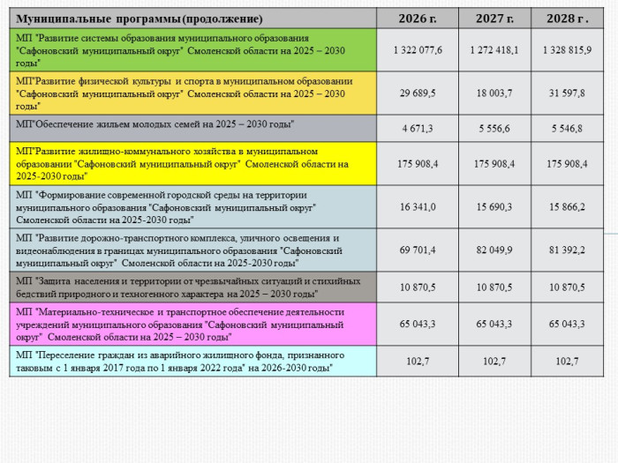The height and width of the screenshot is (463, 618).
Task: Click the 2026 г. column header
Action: (418, 19)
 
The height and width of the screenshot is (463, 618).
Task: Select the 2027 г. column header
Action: (494, 19)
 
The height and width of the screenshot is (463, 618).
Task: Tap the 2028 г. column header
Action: (567, 19)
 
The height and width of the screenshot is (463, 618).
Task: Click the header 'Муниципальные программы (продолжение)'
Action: (140, 19)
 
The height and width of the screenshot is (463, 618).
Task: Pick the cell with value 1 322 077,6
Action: (418, 50)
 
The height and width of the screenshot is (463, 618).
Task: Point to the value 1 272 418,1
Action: (494, 50)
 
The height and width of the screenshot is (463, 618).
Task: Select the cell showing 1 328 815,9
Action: (567, 50)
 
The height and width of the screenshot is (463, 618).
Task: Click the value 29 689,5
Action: (418, 93)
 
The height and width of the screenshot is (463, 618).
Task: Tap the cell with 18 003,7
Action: (494, 93)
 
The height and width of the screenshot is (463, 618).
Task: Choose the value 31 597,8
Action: (567, 93)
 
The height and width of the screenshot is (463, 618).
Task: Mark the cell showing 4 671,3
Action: (418, 129)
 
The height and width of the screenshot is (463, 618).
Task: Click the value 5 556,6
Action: (494, 129)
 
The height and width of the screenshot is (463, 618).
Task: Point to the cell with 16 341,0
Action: (418, 207)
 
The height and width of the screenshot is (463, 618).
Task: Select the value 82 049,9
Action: (494, 250)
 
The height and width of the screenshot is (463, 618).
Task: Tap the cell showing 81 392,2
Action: (567, 250)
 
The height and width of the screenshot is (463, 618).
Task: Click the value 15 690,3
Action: (494, 207)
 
